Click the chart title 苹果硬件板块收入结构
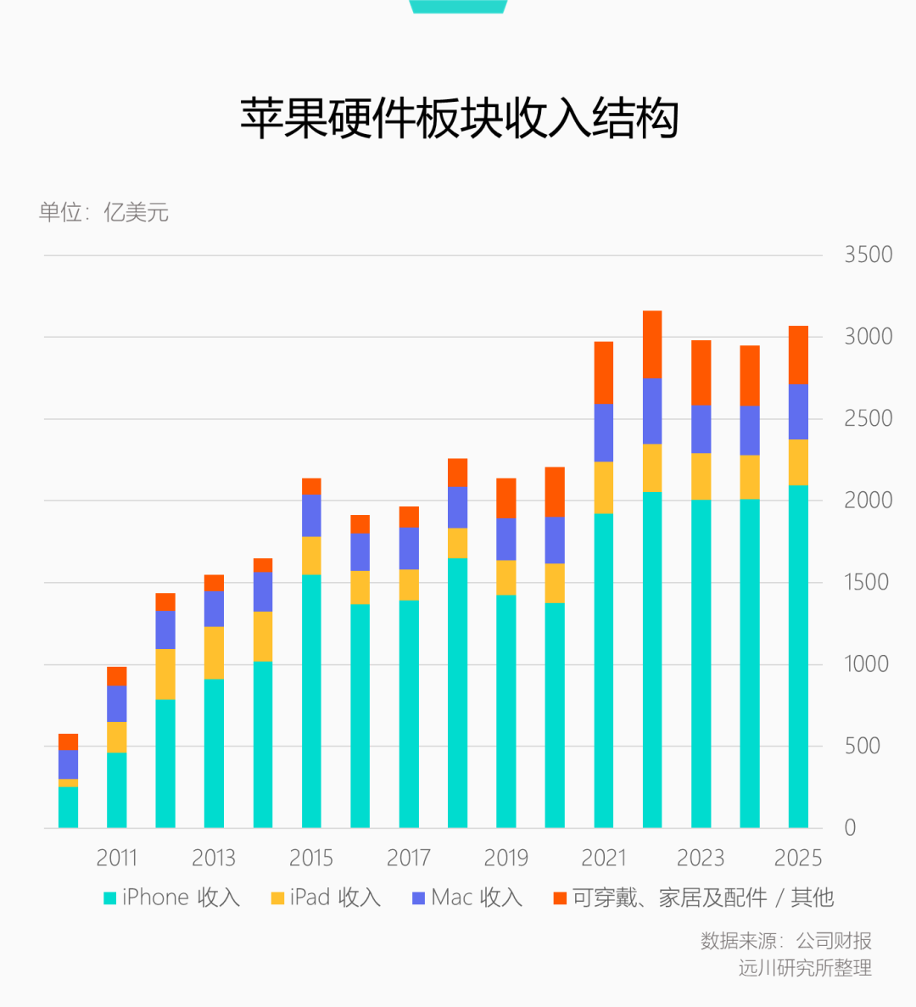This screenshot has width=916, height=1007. pos(459,119)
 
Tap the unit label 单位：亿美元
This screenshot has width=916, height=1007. pos(103,212)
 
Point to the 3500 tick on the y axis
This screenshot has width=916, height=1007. pos(868,255)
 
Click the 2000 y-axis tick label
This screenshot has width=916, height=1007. pos(868,501)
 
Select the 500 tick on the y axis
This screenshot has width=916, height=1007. pos(862,747)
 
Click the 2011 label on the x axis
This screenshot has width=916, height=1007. pos(117,858)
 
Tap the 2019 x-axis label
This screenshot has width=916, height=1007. pos(505,858)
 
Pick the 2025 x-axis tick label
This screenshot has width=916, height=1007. pos(798,858)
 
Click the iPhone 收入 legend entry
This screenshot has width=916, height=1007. pos(172,898)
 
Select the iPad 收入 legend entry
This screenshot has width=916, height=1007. pos(326,898)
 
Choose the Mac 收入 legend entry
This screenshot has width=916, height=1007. pos(467,898)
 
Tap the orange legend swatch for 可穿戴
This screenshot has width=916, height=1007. pos(560,898)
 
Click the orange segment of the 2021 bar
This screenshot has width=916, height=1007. pos(603,372)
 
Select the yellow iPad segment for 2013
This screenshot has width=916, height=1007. pos(214,652)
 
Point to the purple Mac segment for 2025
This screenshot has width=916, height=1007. pos(798,411)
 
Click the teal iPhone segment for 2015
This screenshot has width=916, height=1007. pos(311,702)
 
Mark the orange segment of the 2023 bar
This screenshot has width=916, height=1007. pos(701,372)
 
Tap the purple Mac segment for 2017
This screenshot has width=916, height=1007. pos(409,548)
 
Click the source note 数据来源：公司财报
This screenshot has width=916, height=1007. pos(785,941)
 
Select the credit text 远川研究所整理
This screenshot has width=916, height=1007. pos(805,968)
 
